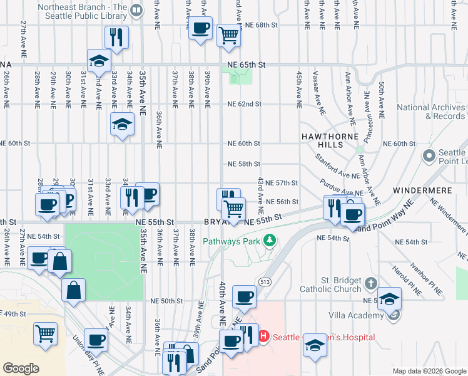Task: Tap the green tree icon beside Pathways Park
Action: pyautogui.click(x=270, y=241)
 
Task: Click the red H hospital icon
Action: pyautogui.click(x=263, y=337)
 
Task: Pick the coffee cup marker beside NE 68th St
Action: pyautogui.click(x=200, y=28)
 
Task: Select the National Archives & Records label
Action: pyautogui.click(x=431, y=112)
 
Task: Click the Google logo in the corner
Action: pyautogui.click(x=21, y=368)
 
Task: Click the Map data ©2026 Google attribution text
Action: pyautogui.click(x=429, y=371)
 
